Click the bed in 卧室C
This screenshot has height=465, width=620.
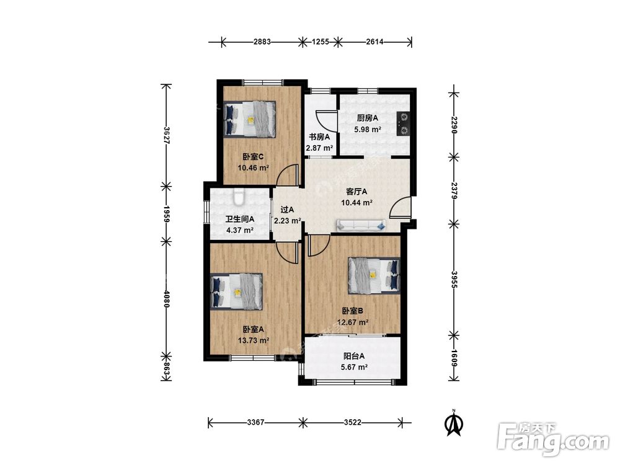click(249, 119)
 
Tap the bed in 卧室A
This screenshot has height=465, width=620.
click(236, 291)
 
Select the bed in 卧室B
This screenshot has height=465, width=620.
click(374, 276)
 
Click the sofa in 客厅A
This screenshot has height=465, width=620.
click(361, 226)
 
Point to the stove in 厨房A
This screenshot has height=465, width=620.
click(404, 124)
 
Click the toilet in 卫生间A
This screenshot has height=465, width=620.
click(239, 197)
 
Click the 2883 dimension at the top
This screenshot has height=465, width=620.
click(262, 42)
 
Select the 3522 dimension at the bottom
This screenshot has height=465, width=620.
click(352, 422)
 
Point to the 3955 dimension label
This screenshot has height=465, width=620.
click(454, 279)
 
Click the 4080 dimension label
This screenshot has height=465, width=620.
click(166, 299)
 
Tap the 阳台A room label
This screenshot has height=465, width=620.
click(354, 356)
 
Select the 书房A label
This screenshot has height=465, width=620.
click(319, 137)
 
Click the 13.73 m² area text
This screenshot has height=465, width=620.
click(254, 340)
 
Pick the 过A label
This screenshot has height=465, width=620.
click(287, 210)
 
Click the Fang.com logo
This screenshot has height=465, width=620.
click(553, 439)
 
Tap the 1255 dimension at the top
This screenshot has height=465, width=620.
click(321, 42)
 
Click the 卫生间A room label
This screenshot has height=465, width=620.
click(239, 219)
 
